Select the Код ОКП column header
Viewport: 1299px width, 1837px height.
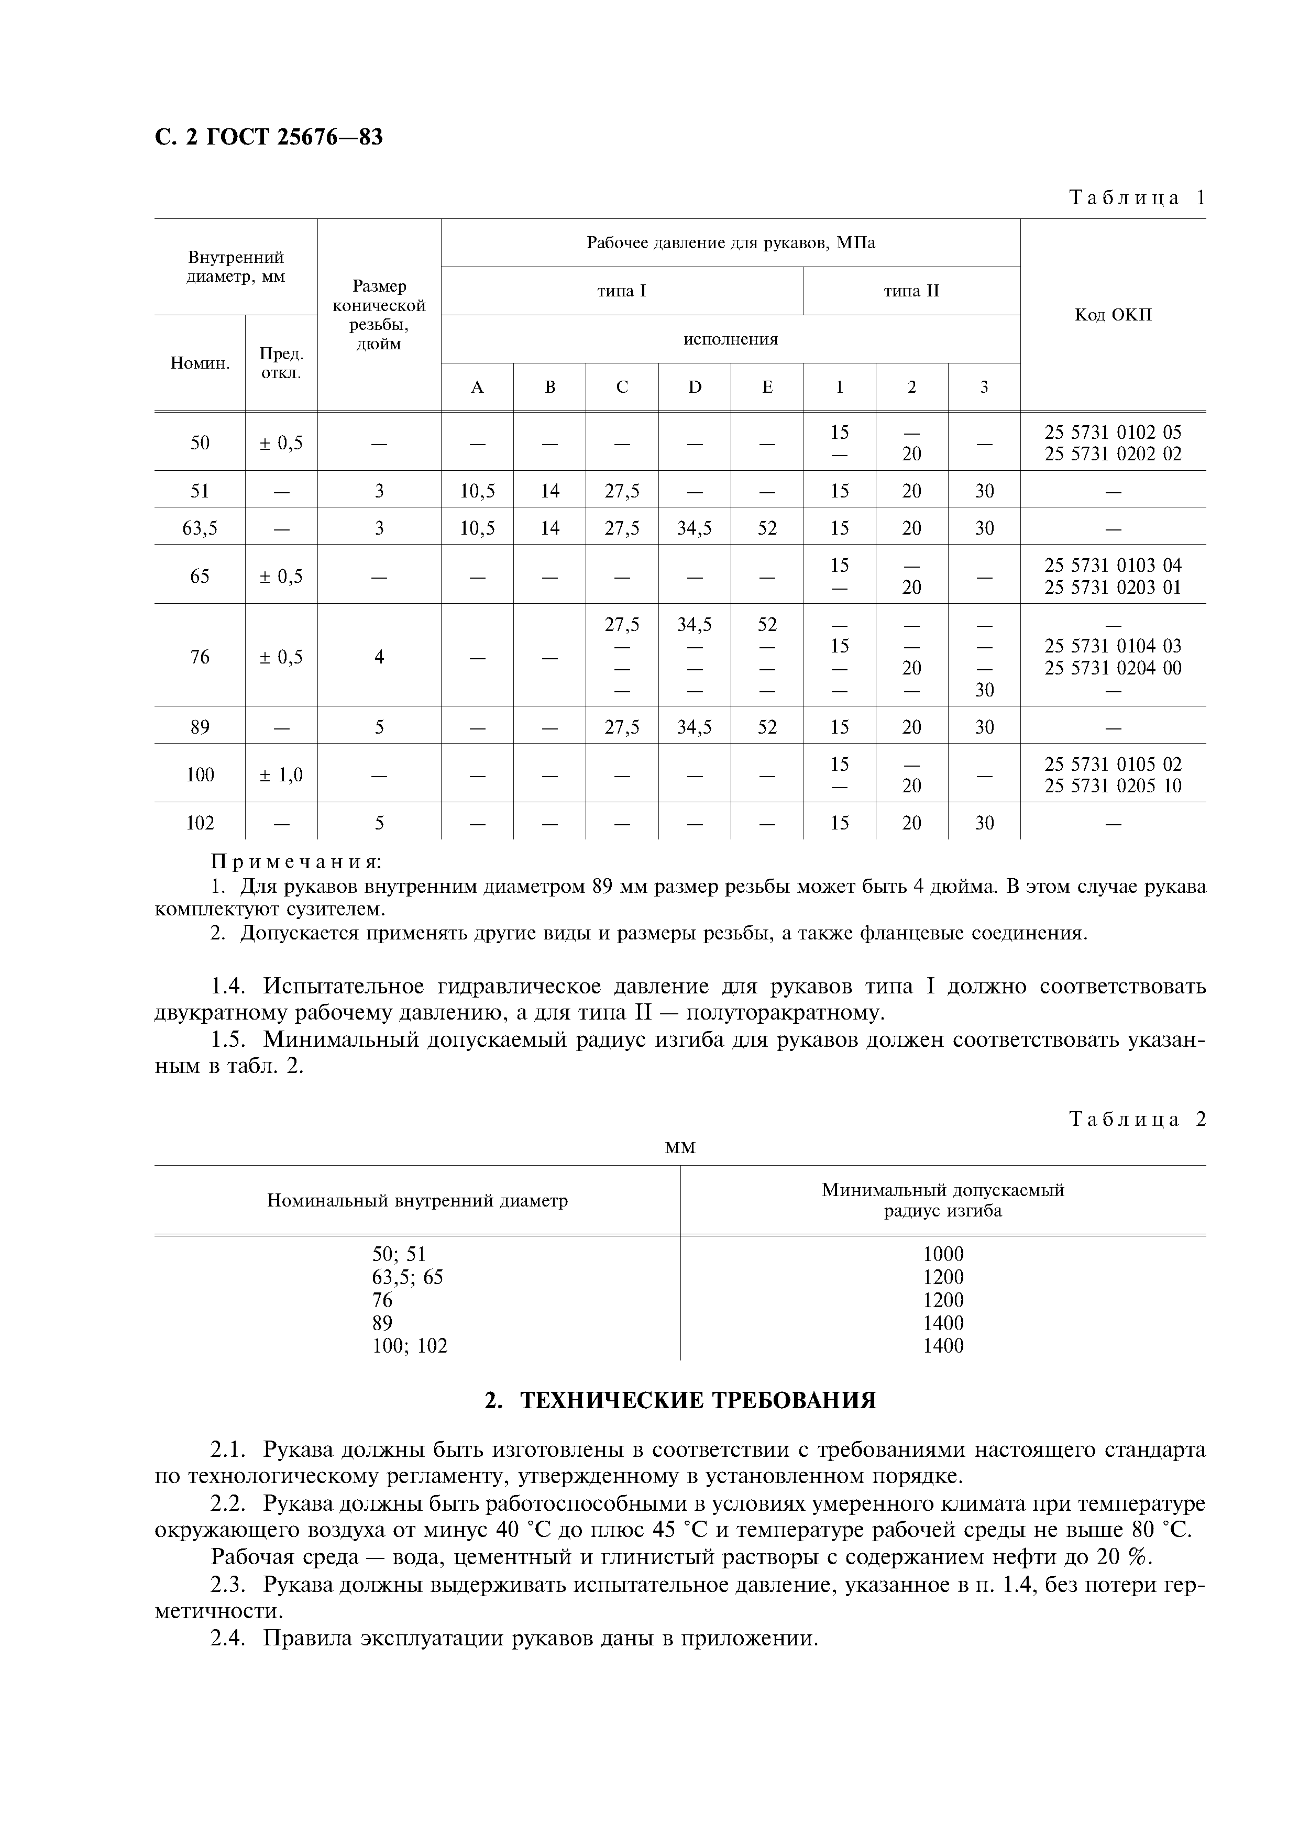click(1113, 314)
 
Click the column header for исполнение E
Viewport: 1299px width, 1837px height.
click(767, 387)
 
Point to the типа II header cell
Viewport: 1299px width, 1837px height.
click(911, 291)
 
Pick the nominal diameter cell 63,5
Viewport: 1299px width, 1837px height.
click(200, 528)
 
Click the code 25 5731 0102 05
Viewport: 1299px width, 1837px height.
click(1113, 432)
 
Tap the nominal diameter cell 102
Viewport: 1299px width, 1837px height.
click(200, 823)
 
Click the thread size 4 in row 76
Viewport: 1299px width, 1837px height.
click(379, 657)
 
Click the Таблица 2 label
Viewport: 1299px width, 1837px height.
click(1137, 1119)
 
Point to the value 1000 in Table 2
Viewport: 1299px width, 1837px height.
click(943, 1254)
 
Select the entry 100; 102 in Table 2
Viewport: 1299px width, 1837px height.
click(410, 1346)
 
